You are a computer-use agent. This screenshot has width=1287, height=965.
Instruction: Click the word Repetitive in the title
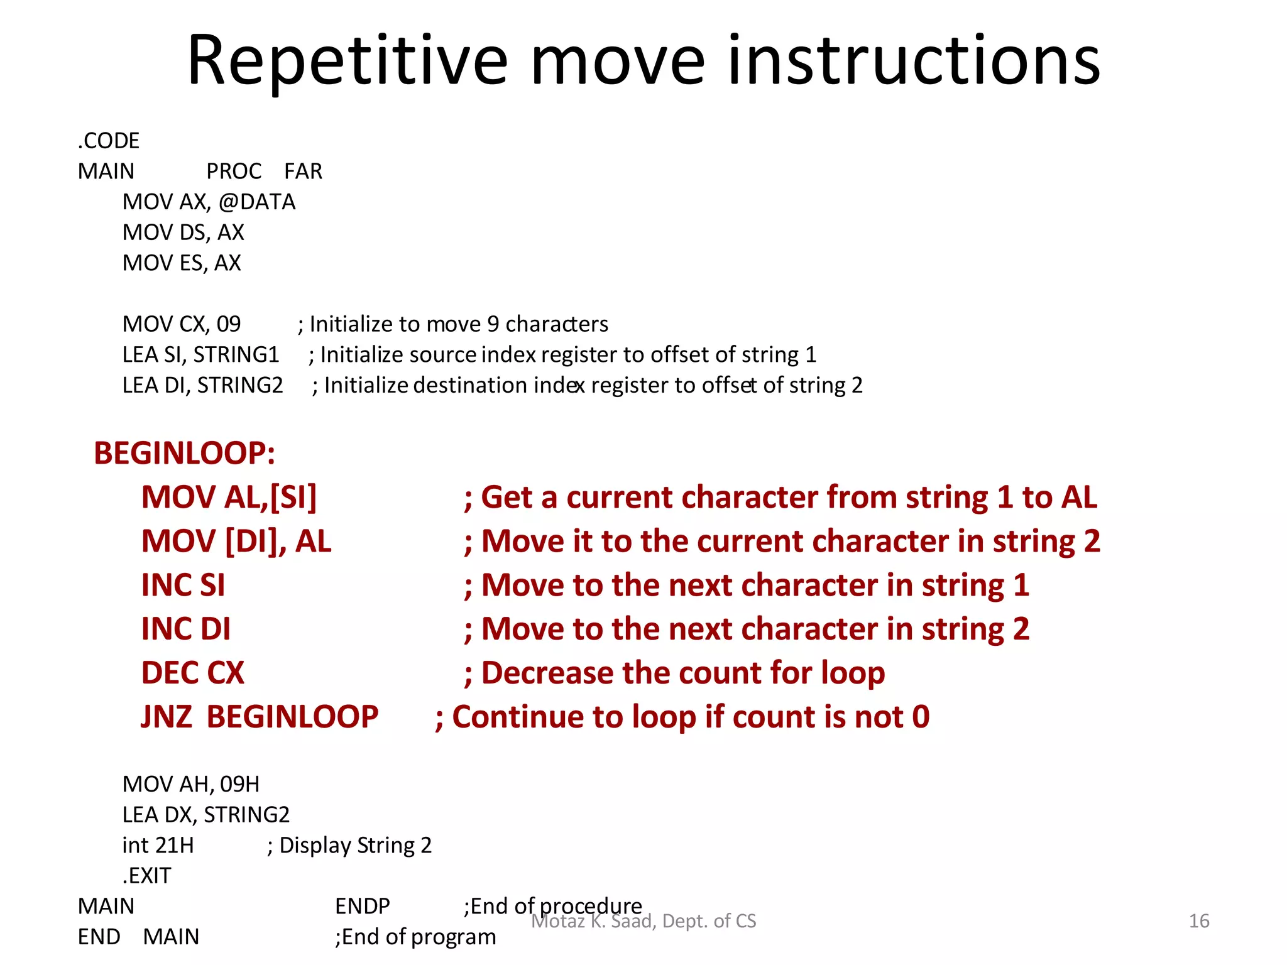pyautogui.click(x=347, y=62)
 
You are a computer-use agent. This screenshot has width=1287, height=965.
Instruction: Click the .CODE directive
pyautogui.click(x=108, y=141)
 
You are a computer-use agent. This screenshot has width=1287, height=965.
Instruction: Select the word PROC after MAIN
pyautogui.click(x=234, y=172)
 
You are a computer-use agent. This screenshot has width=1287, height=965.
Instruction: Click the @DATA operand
pyautogui.click(x=257, y=202)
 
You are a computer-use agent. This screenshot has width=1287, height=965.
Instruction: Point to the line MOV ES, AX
pyautogui.click(x=182, y=263)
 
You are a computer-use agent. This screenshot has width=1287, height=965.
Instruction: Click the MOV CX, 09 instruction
pyautogui.click(x=182, y=324)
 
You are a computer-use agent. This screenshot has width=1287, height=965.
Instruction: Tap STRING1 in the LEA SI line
pyautogui.click(x=236, y=355)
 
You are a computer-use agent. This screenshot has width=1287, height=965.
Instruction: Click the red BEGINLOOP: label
pyautogui.click(x=184, y=454)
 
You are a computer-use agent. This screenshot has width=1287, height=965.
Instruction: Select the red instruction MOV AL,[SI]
pyautogui.click(x=229, y=498)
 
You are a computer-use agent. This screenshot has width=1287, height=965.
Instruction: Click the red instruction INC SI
pyautogui.click(x=183, y=586)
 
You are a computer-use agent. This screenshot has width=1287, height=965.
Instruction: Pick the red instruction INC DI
pyautogui.click(x=185, y=630)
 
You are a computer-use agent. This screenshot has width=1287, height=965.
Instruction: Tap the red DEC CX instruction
pyautogui.click(x=192, y=673)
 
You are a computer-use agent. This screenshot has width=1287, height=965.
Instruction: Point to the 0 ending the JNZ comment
pyautogui.click(x=921, y=717)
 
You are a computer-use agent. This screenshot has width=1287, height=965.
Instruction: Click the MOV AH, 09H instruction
pyautogui.click(x=190, y=784)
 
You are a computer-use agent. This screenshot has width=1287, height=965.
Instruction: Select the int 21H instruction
pyautogui.click(x=158, y=846)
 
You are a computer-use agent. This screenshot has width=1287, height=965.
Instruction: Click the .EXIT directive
pyautogui.click(x=146, y=876)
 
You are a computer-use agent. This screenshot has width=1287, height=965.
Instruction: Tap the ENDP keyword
pyautogui.click(x=362, y=907)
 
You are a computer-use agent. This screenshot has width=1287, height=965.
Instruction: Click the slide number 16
pyautogui.click(x=1198, y=921)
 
